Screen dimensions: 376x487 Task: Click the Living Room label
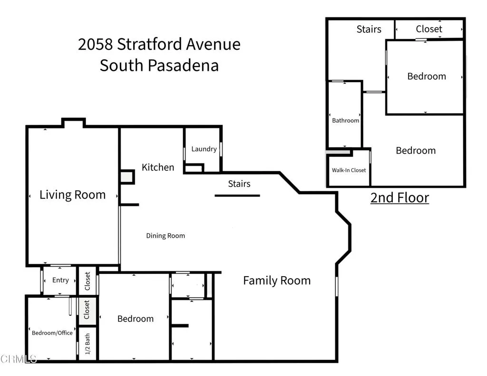coord(72,195)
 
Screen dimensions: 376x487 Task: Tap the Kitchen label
coord(158,167)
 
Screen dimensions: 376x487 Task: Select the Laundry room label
coord(204,149)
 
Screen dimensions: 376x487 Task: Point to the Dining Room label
coord(166,236)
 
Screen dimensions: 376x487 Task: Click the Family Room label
coord(277,280)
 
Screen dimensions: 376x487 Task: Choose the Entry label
coord(60,280)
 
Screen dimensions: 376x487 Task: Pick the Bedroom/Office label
coord(52,333)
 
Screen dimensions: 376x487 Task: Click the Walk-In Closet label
coord(349,170)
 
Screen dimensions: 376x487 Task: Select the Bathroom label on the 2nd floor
coord(345,120)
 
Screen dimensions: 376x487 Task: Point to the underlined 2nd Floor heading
coord(399,198)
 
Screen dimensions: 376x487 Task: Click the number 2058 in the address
coord(96,44)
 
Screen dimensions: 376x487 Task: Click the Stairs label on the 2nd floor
coord(369,29)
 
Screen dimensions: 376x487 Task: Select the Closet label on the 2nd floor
coord(429,29)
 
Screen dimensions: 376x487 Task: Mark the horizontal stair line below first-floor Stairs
coord(237,195)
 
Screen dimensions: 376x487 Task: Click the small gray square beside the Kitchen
coord(127,177)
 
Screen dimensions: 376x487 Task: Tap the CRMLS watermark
coord(19,359)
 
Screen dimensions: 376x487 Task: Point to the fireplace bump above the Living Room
coord(74,123)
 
